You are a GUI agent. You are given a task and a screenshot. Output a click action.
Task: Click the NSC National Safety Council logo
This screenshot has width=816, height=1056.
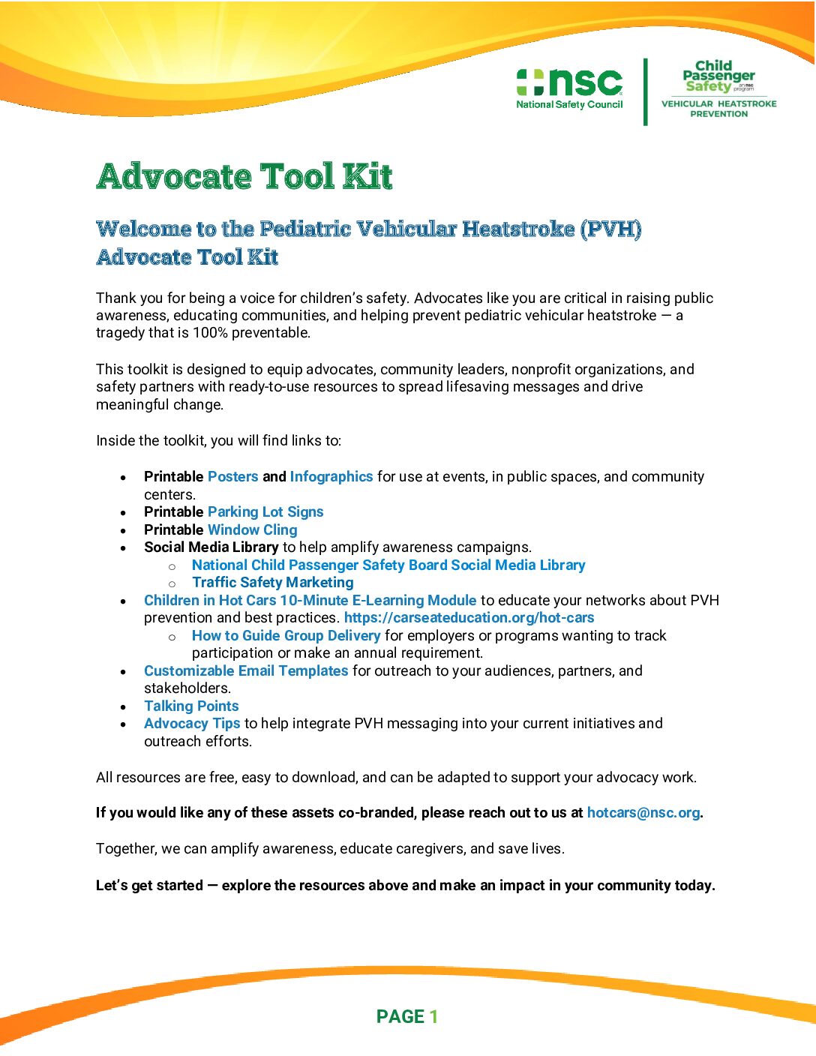tap(569, 88)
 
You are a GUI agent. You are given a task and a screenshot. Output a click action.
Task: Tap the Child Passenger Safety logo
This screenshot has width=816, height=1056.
tap(718, 76)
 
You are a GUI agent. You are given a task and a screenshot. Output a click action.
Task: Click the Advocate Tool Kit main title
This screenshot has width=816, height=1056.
tap(244, 176)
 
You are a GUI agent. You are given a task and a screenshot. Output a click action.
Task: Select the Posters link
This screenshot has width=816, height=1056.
tap(232, 476)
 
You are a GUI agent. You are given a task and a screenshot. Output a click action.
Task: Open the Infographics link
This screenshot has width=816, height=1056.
tap(331, 476)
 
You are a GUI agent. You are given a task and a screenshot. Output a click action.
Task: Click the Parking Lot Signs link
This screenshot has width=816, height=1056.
tap(265, 511)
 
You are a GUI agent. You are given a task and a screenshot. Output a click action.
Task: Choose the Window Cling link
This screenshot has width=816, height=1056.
tap(252, 529)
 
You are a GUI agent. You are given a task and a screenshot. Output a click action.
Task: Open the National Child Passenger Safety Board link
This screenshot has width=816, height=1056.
tap(388, 565)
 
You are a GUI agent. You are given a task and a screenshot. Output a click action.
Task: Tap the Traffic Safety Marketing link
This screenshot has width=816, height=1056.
tap(272, 582)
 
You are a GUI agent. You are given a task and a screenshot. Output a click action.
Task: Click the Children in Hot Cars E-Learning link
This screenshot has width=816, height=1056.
tap(310, 600)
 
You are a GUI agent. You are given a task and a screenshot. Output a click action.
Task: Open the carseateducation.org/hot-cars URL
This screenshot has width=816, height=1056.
tap(469, 617)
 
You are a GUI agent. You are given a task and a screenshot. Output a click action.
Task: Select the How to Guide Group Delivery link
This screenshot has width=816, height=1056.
tap(286, 635)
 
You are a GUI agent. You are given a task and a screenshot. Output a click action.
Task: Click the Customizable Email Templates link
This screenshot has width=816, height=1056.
tap(246, 670)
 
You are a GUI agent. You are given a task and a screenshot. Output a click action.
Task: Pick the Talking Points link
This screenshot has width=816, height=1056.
tap(191, 706)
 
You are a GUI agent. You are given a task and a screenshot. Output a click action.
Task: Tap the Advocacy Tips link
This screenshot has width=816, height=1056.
tap(192, 723)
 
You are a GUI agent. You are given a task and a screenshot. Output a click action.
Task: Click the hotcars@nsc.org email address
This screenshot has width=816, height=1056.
tap(643, 812)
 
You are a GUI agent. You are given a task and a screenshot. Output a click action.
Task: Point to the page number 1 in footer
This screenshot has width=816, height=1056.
tap(433, 1016)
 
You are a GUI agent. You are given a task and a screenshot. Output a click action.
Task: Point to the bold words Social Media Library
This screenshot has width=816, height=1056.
tap(211, 547)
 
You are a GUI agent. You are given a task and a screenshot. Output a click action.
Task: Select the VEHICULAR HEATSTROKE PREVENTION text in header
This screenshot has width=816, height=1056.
tap(718, 109)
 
